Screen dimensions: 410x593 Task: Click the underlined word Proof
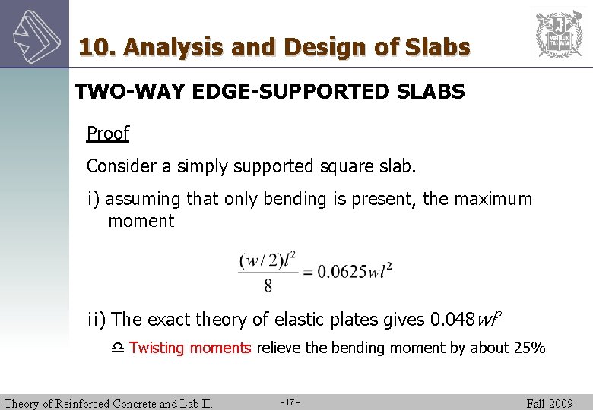108,134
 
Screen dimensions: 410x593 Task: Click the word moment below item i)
141,222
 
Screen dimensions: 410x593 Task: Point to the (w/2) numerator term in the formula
258,260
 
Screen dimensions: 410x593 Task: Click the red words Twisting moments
190,348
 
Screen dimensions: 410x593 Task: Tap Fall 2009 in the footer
550,403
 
